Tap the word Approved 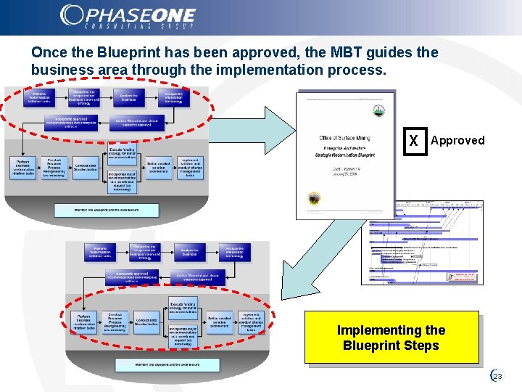pyautogui.click(x=457, y=141)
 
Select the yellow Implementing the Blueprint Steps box pyautogui.click(x=391, y=338)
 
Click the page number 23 pyautogui.click(x=498, y=376)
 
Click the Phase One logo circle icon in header pyautogui.click(x=72, y=15)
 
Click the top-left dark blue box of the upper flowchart pyautogui.click(x=43, y=98)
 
